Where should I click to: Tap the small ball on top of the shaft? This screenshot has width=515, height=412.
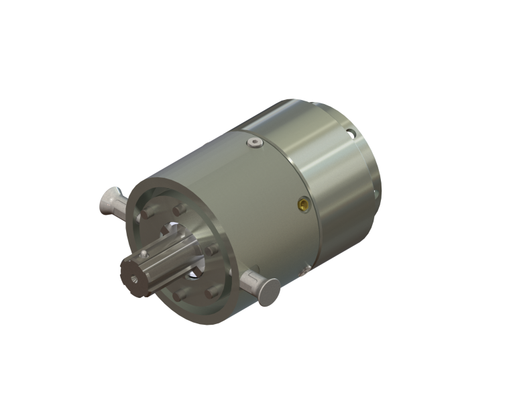click(x=143, y=254)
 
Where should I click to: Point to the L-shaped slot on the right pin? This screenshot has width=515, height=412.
click(x=249, y=277)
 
